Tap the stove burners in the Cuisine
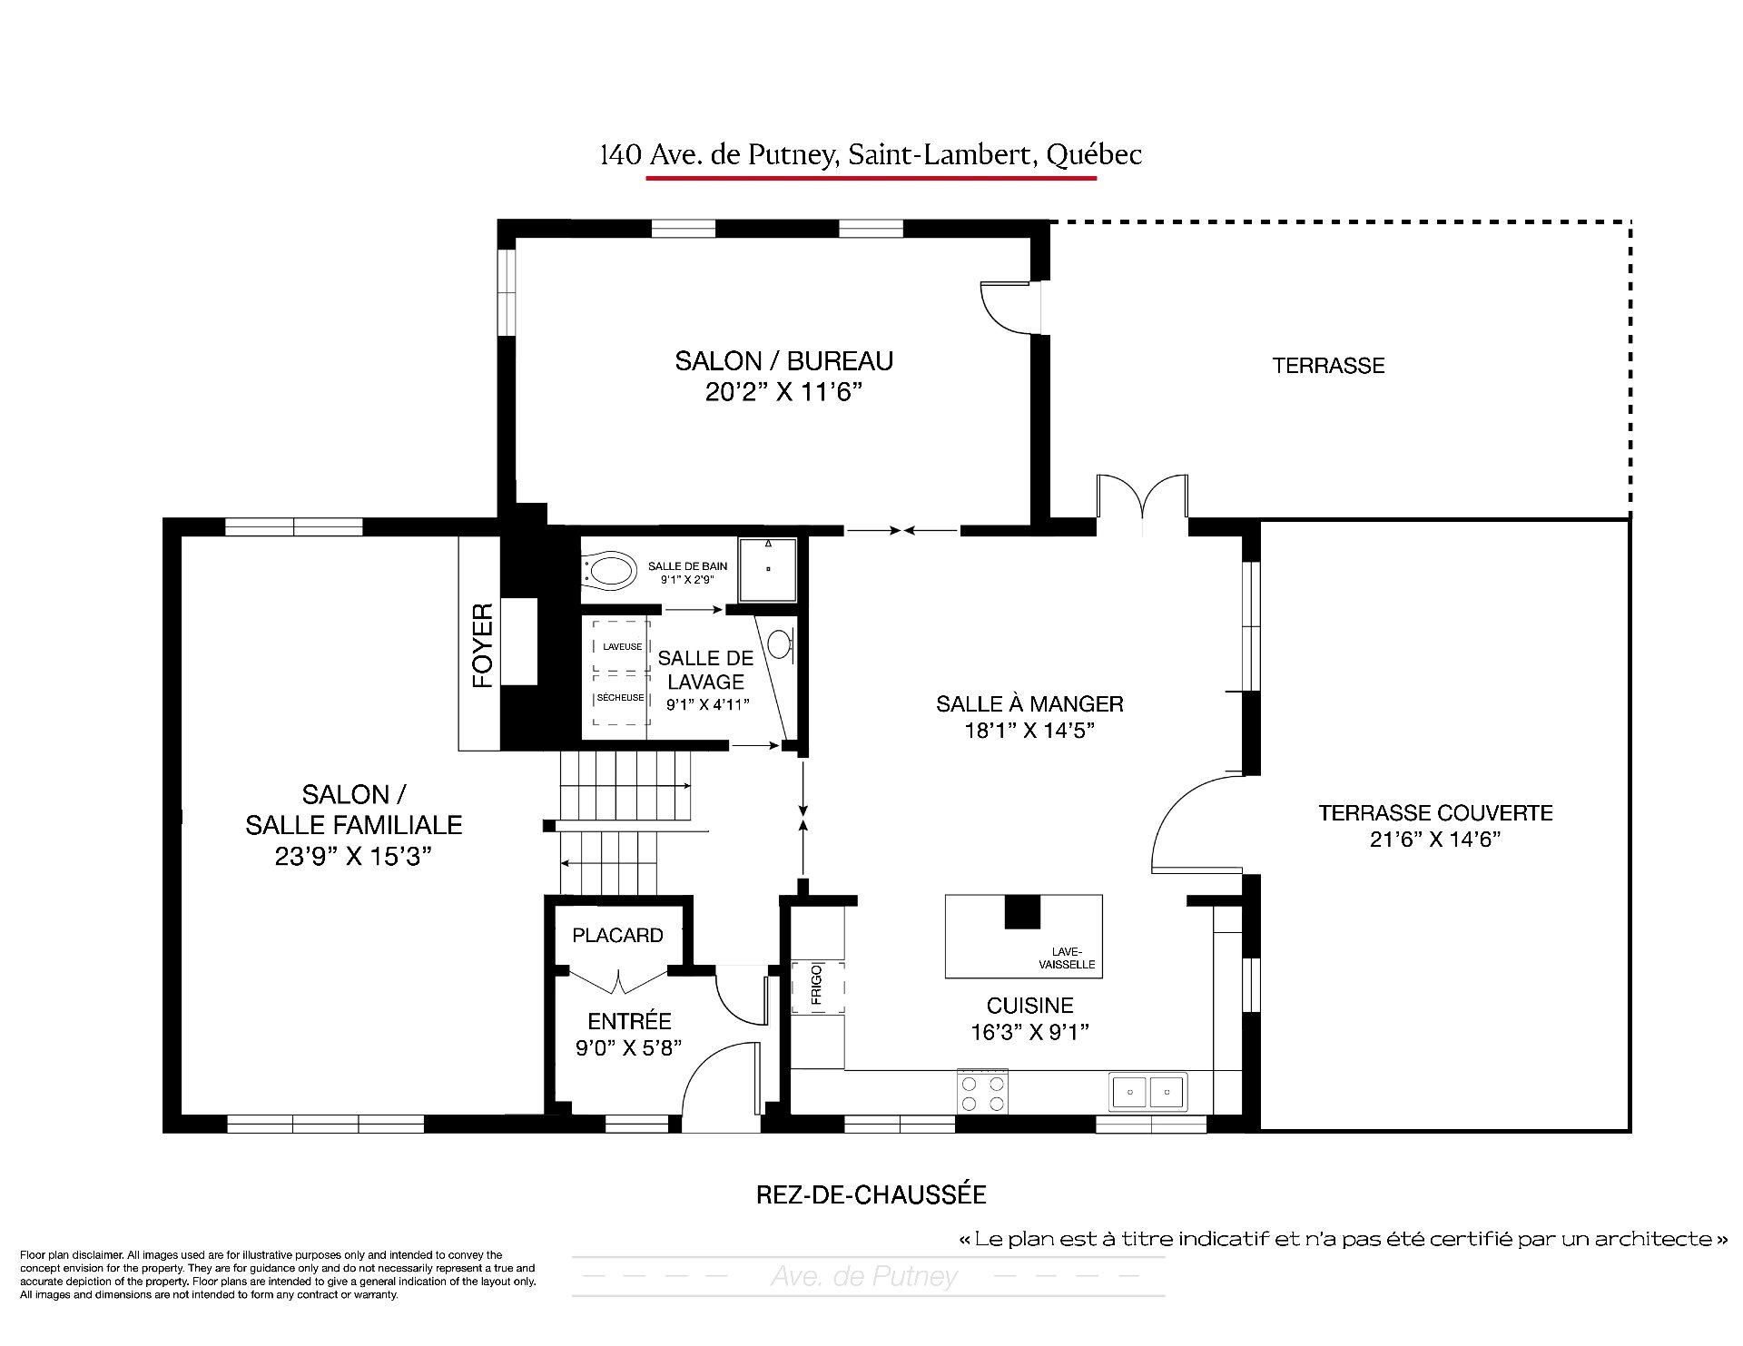[x=983, y=1092]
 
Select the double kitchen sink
[x=1148, y=1092]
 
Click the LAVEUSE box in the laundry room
[x=622, y=646]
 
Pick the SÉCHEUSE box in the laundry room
[x=621, y=698]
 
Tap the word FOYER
[x=483, y=645]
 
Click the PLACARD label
[x=617, y=935]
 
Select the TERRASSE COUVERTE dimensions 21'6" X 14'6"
[x=1435, y=840]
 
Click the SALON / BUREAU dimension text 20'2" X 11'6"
[x=783, y=392]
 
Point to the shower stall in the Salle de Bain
[x=768, y=570]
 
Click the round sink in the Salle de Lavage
[x=780, y=644]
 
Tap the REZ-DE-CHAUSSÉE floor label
[x=871, y=1194]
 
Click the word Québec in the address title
[x=1094, y=156]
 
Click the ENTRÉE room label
[x=629, y=1020]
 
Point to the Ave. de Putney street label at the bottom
[x=864, y=1277]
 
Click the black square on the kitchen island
[x=1021, y=912]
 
